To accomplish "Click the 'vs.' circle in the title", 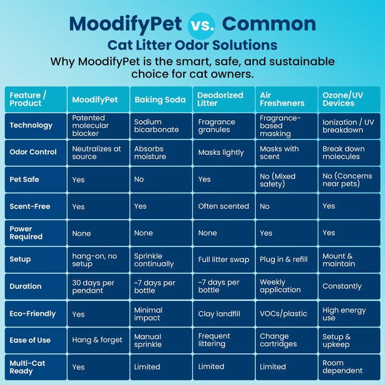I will coord(201,24).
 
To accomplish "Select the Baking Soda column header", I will coord(160,99).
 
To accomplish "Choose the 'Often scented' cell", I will coord(224,206).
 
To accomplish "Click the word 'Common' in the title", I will coord(269,24).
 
